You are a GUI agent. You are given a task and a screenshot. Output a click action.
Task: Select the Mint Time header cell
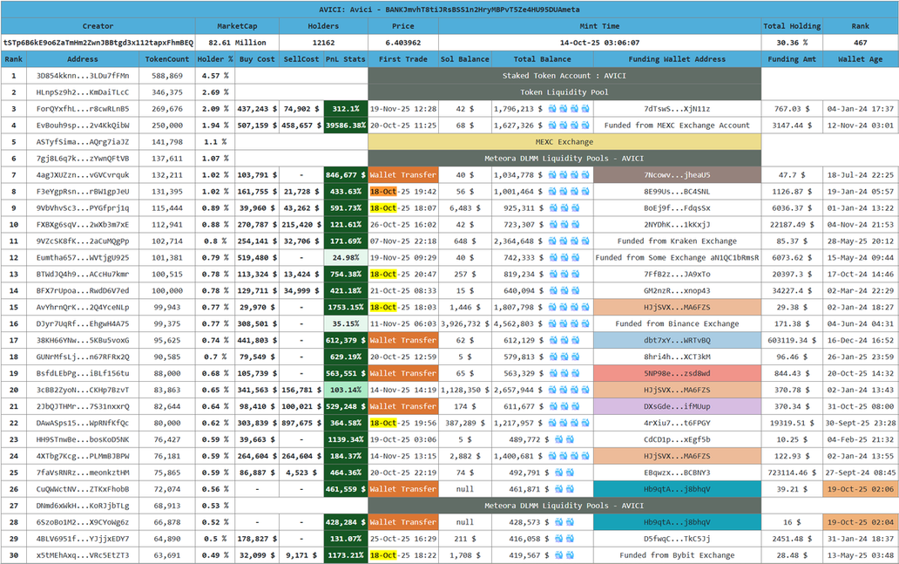[x=599, y=26]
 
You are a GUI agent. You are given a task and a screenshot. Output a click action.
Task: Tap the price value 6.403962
[x=402, y=42]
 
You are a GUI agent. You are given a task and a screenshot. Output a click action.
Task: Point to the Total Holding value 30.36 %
[x=792, y=42]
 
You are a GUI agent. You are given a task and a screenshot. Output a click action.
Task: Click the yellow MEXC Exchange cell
[x=564, y=141]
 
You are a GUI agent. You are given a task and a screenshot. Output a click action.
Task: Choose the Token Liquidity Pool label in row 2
[x=564, y=92]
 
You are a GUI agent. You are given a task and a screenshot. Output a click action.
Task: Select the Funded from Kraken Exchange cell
[x=677, y=241]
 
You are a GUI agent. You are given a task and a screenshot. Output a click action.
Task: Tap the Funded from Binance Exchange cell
[x=677, y=323]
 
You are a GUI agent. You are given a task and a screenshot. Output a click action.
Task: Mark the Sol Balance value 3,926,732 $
[x=464, y=323]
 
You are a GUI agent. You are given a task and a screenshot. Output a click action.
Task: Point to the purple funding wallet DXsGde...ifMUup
[x=677, y=406]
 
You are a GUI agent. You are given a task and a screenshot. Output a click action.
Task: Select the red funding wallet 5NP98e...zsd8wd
[x=677, y=373]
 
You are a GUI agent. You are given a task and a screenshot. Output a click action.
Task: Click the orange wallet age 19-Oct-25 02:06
[x=861, y=489]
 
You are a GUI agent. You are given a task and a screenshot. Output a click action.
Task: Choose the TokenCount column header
[x=167, y=59]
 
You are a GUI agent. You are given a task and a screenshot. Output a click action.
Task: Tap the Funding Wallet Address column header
[x=677, y=59]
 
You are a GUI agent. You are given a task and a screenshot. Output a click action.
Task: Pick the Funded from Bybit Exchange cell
[x=677, y=555]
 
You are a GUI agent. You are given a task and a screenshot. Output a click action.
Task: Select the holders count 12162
[x=323, y=42]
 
